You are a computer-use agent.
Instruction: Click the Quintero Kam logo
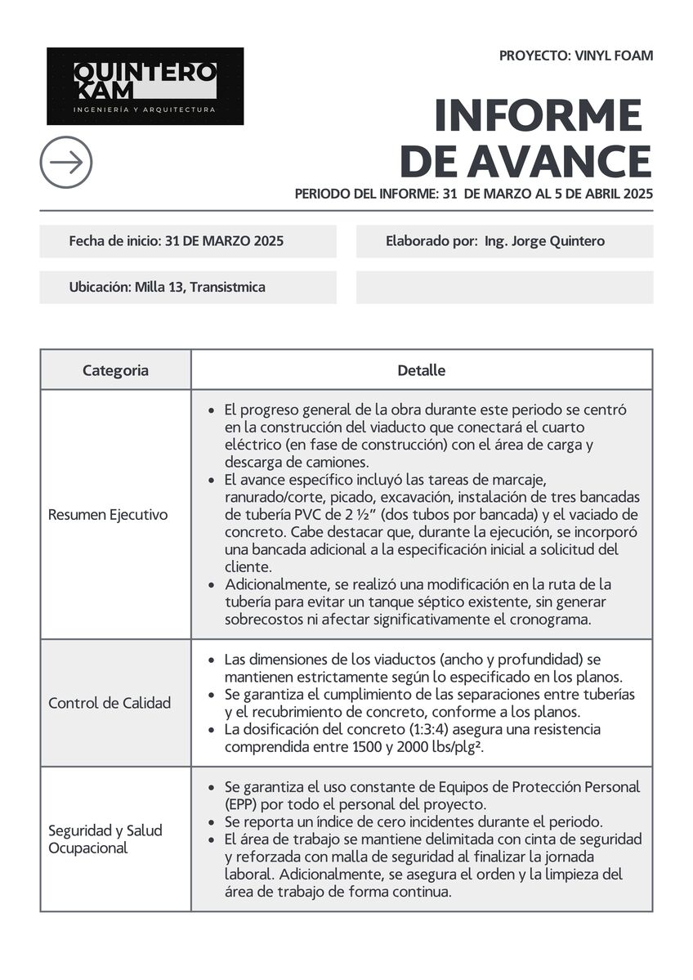coord(145,86)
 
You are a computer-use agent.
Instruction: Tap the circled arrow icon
coord(66,162)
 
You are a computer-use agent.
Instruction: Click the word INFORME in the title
coord(538,115)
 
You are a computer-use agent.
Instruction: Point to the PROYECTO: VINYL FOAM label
coord(576,56)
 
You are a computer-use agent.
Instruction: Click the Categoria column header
coord(115,370)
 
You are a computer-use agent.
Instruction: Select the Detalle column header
coord(421,370)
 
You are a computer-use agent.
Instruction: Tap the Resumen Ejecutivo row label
coord(108,515)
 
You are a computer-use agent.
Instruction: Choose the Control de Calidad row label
coord(110,703)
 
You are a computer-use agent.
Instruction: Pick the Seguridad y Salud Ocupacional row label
coord(105,839)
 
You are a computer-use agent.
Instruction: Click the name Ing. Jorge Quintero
coord(544,241)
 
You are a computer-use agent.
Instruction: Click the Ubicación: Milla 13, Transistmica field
coord(168,288)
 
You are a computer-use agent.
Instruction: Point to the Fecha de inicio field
coord(177,241)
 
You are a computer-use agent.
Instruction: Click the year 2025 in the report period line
coord(637,194)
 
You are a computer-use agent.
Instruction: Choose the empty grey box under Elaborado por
coord(504,288)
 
